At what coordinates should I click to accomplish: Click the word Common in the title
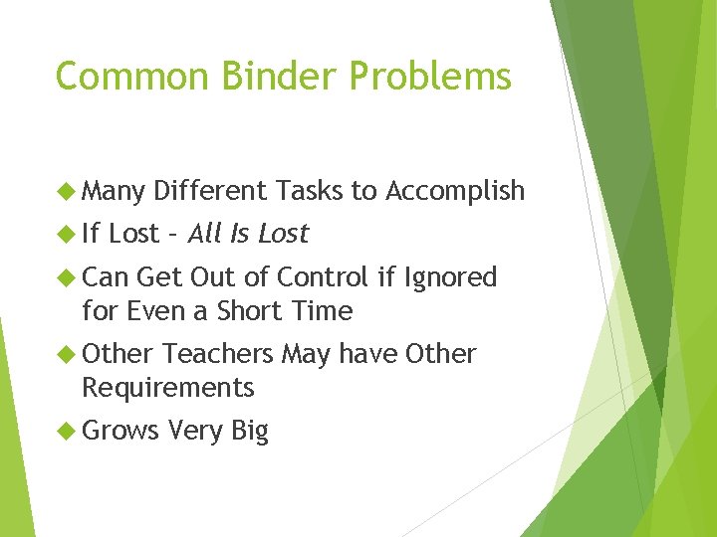pyautogui.click(x=132, y=76)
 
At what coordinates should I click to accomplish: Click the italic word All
pyautogui.click(x=205, y=234)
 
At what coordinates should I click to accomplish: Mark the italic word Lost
pyautogui.click(x=283, y=234)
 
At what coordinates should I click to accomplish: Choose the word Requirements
pyautogui.click(x=168, y=388)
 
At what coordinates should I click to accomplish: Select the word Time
pyautogui.click(x=323, y=311)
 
